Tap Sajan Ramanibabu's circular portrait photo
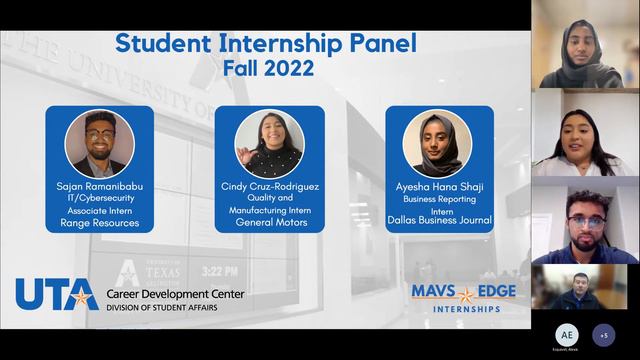pyautogui.click(x=99, y=144)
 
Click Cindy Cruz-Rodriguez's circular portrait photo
pyautogui.click(x=269, y=144)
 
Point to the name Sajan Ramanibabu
pyautogui.click(x=99, y=186)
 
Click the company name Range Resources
pyautogui.click(x=99, y=223)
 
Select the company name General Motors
pyautogui.click(x=269, y=223)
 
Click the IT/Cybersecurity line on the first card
pyautogui.click(x=99, y=198)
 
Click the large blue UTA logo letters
pyautogui.click(x=56, y=295)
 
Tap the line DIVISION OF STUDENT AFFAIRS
pyautogui.click(x=167, y=307)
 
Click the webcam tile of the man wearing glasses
pyautogui.click(x=585, y=222)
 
